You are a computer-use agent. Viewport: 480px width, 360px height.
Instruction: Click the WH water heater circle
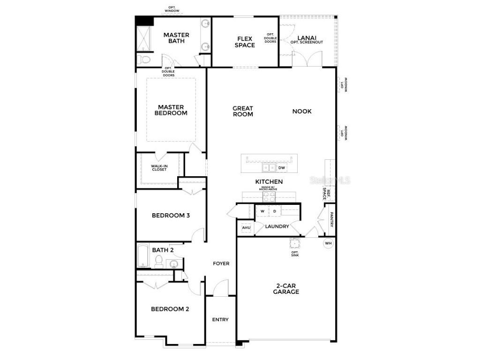point(328,243)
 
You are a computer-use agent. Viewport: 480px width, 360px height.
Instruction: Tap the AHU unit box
point(246,228)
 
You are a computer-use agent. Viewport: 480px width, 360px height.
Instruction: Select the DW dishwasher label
point(282,168)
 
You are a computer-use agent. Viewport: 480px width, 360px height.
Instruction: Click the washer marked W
point(262,212)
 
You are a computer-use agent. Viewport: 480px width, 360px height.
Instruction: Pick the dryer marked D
point(275,212)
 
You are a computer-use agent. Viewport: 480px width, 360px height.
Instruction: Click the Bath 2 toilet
point(158,262)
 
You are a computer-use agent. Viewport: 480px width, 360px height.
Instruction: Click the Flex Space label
point(245,42)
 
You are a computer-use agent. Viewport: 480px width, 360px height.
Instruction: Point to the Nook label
point(302,111)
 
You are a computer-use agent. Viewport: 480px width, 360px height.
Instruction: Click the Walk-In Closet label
point(159,167)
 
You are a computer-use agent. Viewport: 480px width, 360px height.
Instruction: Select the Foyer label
point(221,263)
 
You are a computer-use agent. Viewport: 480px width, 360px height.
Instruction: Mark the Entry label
point(220,320)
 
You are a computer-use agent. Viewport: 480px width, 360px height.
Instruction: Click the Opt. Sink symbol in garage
point(295,243)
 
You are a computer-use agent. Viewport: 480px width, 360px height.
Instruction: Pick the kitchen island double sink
point(269,168)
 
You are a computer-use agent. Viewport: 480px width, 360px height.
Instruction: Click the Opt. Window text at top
point(172,9)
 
